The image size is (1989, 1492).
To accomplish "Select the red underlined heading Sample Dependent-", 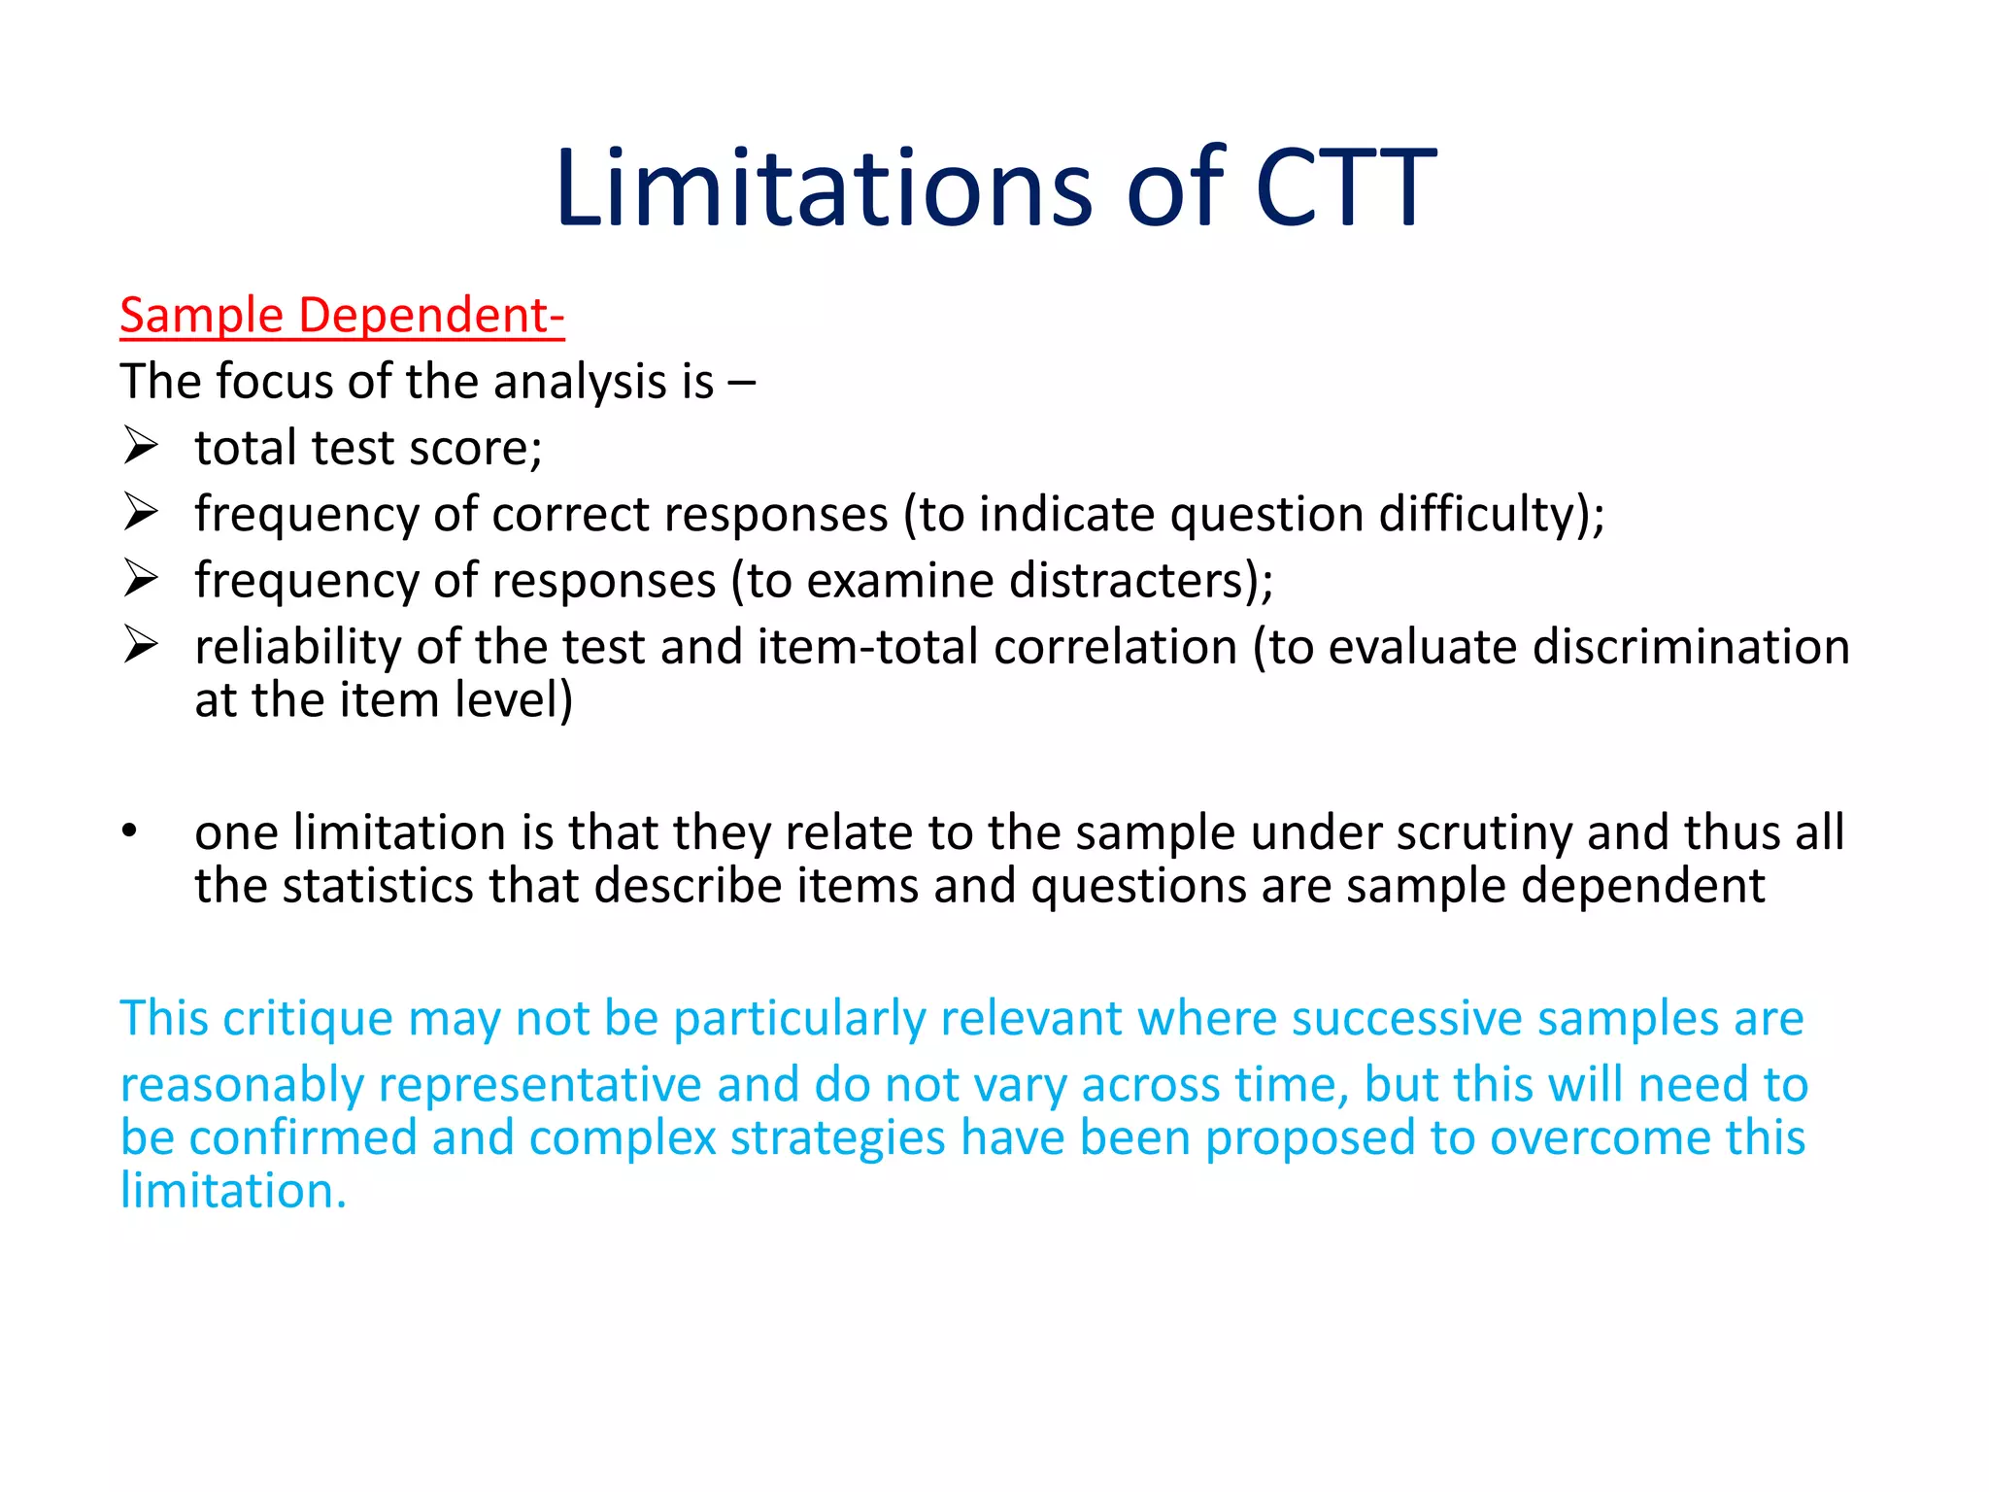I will [x=342, y=316].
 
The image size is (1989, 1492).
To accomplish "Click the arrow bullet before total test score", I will [x=141, y=447].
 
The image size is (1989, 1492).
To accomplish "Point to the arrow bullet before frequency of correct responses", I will [x=141, y=513].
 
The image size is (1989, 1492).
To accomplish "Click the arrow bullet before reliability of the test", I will [x=141, y=645].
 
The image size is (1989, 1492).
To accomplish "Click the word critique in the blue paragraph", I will [x=308, y=1019].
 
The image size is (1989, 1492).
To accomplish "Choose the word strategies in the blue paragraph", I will [x=837, y=1138].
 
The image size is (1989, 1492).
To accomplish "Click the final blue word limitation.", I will [x=233, y=1191].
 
